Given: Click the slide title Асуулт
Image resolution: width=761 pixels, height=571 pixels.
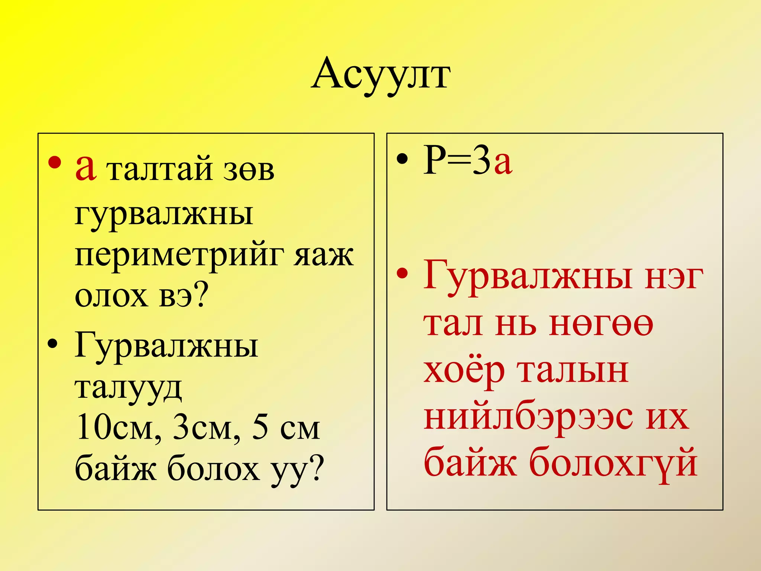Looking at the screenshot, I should [380, 74].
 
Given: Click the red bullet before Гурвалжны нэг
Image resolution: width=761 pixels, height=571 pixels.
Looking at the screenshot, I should [402, 274].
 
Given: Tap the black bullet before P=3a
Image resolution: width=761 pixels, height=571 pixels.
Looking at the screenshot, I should [402, 159].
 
